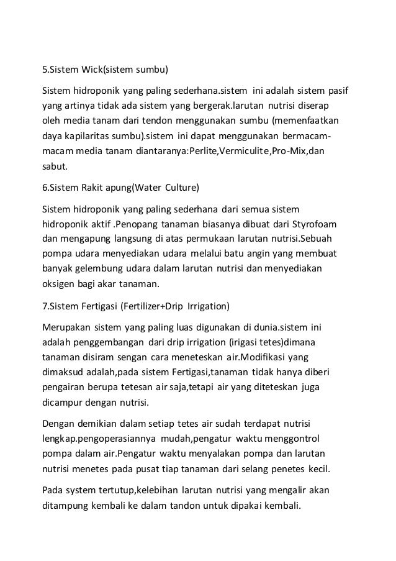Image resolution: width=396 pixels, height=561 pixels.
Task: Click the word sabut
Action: (54, 166)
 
